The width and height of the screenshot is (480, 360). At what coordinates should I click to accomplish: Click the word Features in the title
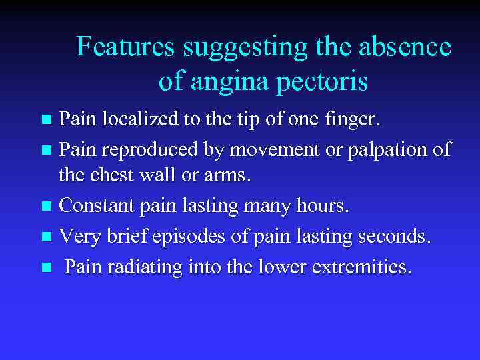(x=125, y=47)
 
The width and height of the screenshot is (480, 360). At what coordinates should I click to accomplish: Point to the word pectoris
(x=325, y=82)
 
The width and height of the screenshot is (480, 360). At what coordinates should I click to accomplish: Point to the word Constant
(x=98, y=207)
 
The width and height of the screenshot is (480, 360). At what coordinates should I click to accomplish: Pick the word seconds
(x=395, y=237)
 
